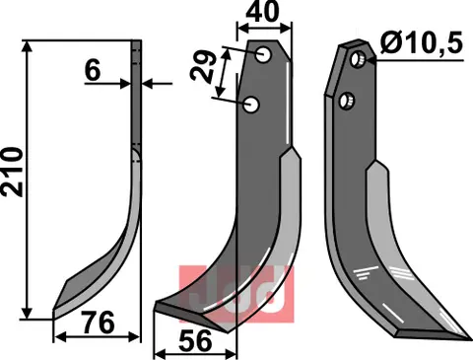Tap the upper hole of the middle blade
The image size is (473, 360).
click(264, 57)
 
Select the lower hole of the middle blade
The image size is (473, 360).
click(252, 103)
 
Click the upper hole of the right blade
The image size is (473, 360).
click(360, 62)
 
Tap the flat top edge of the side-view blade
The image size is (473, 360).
click(138, 41)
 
